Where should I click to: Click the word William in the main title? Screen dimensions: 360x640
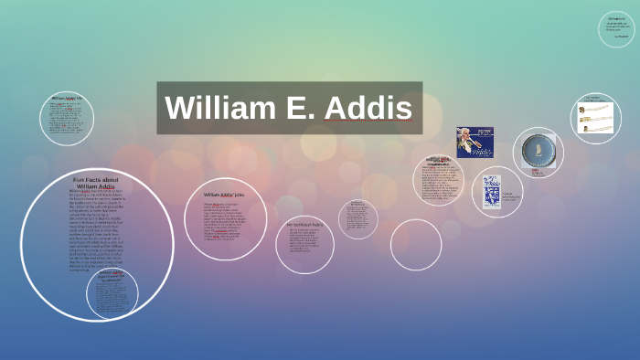(x=220, y=109)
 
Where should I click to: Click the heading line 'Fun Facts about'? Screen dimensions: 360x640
(x=97, y=180)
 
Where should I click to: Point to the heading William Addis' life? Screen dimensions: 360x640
(x=67, y=98)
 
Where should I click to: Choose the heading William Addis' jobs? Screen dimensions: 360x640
(x=224, y=195)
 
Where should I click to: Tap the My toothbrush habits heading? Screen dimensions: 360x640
(x=304, y=224)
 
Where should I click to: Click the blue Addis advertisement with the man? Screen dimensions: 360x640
(x=475, y=143)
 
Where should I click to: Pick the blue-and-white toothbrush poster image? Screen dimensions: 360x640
(x=492, y=191)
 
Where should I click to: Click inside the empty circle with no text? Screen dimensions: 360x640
(x=416, y=245)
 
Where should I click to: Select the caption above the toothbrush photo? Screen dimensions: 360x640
(x=592, y=99)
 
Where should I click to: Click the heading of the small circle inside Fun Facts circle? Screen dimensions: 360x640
(x=112, y=275)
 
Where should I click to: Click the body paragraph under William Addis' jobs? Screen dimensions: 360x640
(x=225, y=220)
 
